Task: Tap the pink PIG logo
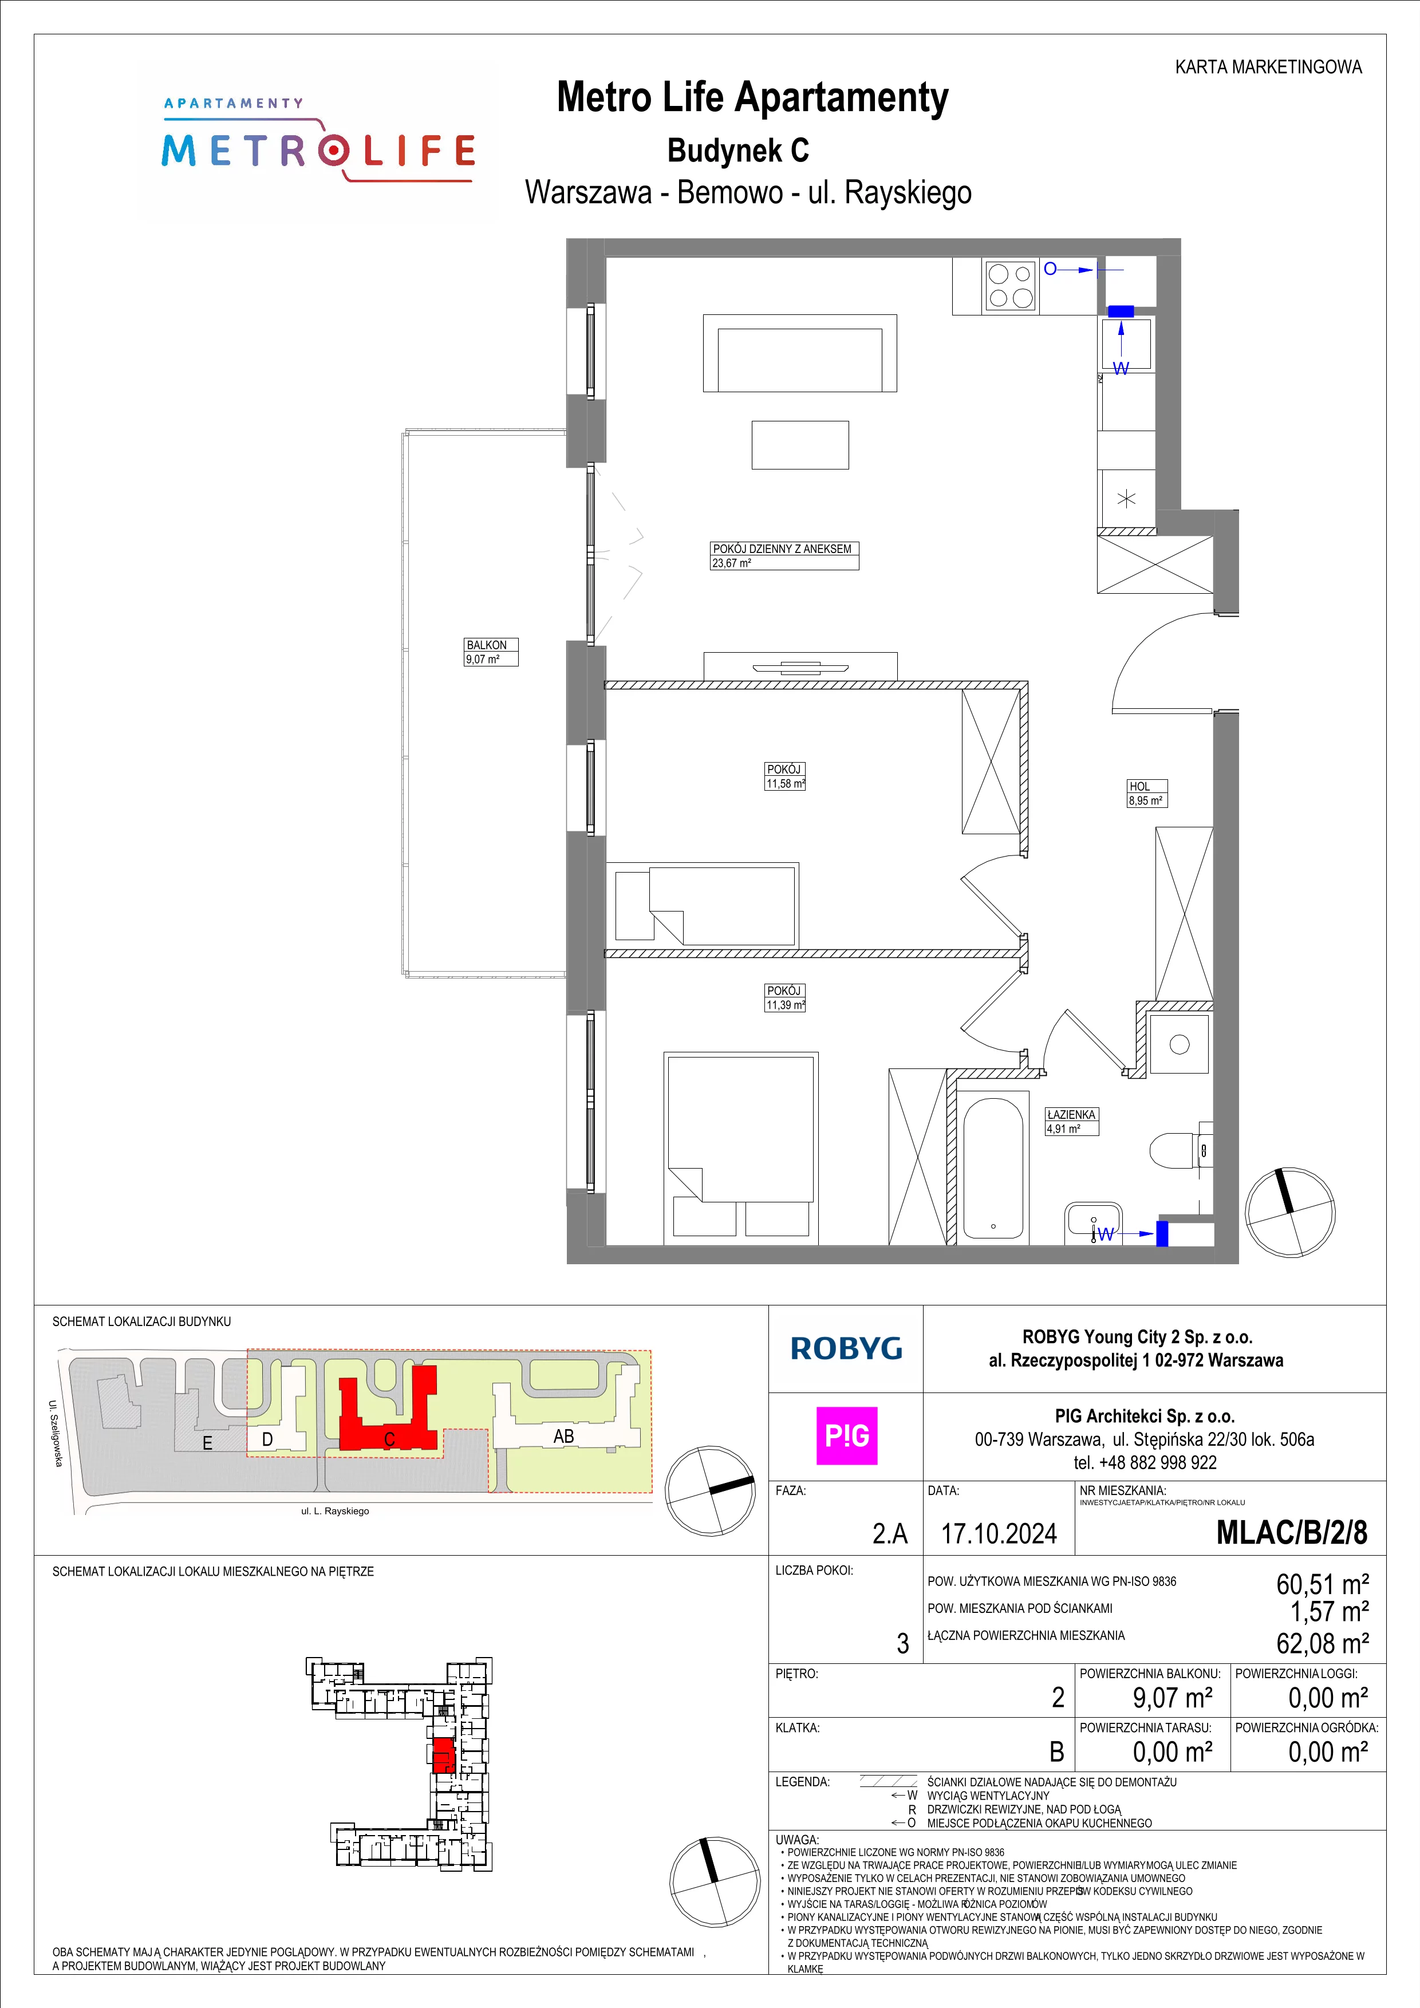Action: [x=846, y=1436]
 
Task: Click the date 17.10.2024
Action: [x=999, y=1533]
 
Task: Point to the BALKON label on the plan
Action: [x=486, y=645]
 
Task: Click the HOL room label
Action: [x=1139, y=786]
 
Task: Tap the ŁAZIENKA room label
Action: [x=1071, y=1115]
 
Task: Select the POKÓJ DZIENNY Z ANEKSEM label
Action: [x=782, y=549]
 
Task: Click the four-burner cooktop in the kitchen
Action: [x=1010, y=286]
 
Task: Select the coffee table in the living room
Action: [x=800, y=445]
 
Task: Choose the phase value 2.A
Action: [x=890, y=1534]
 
